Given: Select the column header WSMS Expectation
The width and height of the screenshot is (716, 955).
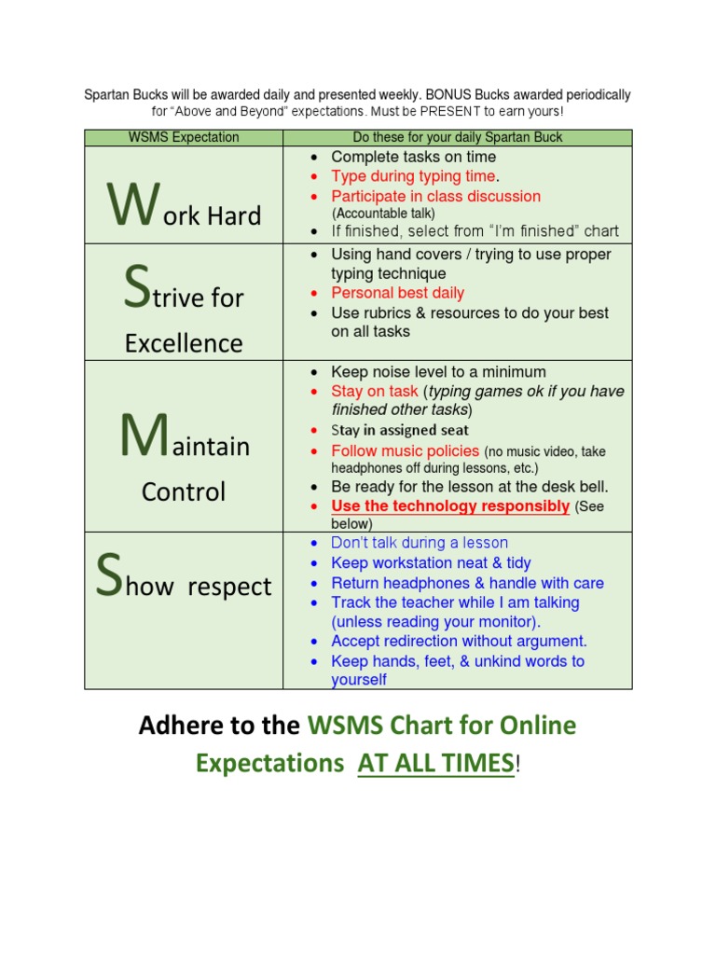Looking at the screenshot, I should point(184,137).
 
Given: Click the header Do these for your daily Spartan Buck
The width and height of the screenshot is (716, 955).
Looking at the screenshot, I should point(457,137).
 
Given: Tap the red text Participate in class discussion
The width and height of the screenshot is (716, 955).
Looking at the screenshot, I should point(435,196).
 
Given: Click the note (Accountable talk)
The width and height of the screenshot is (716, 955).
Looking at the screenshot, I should point(383,214).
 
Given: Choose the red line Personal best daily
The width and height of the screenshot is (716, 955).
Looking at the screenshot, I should point(397,293).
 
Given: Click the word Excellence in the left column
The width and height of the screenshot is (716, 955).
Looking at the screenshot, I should point(184,343).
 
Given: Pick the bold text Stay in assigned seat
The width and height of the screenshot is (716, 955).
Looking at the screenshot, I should point(400,430).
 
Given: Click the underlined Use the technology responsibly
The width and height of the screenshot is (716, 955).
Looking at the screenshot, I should point(450,506).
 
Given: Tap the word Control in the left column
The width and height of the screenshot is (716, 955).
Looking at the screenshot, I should point(184,491).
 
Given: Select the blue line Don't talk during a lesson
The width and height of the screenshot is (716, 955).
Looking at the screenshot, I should point(420,543).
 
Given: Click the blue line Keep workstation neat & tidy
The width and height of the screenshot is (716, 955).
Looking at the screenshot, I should point(431,562).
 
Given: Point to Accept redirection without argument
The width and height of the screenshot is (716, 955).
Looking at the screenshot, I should point(459,641).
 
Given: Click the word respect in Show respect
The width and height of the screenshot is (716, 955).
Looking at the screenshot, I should point(229,588).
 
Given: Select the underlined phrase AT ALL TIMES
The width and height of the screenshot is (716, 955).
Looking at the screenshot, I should point(435,763).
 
